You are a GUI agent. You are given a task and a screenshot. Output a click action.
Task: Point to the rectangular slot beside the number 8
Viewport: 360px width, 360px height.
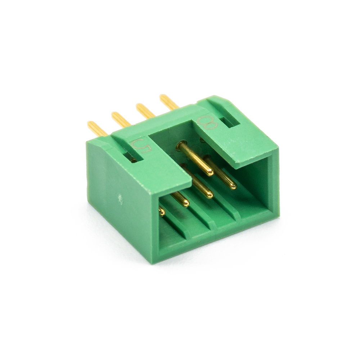(x=230, y=122)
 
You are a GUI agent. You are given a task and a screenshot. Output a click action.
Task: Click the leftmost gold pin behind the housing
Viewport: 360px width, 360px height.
(x=98, y=129)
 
